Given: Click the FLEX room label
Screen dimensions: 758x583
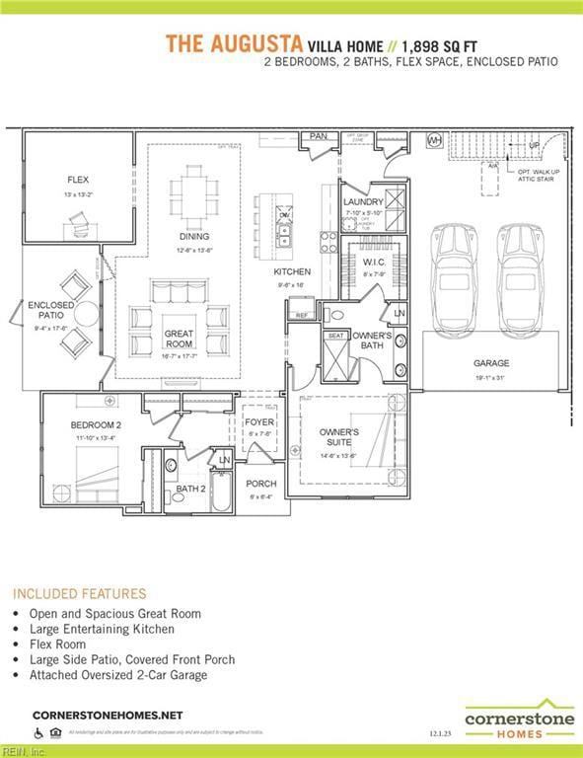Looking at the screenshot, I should pos(78,181).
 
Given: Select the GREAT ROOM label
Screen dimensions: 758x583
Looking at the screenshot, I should pos(179,339).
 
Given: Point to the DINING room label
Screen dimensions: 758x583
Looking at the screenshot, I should pos(193,237).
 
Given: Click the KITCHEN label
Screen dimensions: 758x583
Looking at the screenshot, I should pos(292,271).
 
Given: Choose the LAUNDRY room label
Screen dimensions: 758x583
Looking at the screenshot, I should pos(362,202).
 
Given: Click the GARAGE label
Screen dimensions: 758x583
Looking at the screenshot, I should pos(490,363).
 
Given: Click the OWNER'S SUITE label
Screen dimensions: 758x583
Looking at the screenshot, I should pos(338,438).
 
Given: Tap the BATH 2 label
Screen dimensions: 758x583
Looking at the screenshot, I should pos(190,488).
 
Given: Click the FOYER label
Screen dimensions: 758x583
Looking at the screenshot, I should pos(258,422).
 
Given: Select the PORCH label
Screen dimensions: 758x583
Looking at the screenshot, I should pos(261,484).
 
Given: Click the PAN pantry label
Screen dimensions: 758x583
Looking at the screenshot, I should pos(318,136).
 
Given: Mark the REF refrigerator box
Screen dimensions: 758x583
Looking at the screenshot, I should pos(301,316).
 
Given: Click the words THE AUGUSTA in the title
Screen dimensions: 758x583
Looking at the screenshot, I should pos(233,43).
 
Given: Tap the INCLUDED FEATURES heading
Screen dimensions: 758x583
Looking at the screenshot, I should pos(79,593).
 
